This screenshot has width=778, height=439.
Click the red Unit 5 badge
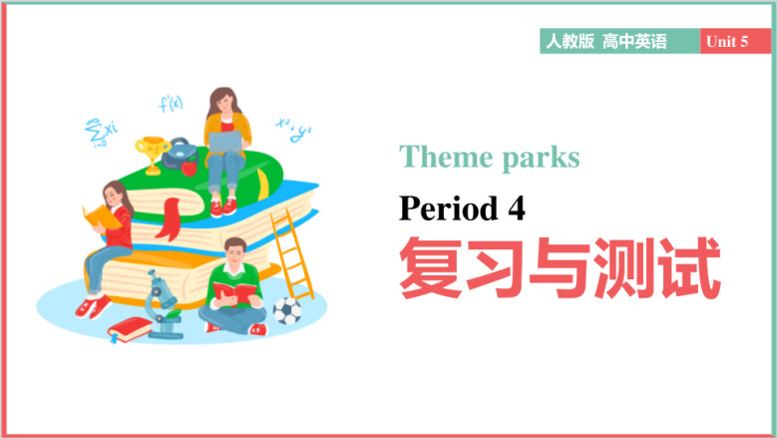[x=735, y=41]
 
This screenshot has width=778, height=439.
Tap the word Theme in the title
[x=445, y=158]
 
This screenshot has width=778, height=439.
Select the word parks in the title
[x=541, y=159]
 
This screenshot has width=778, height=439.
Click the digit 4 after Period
[x=517, y=209]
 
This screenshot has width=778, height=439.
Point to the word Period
[x=449, y=208]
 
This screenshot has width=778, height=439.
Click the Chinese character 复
[x=430, y=267]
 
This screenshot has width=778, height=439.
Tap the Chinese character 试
[x=689, y=267]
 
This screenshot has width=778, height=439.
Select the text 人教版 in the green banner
[x=570, y=41]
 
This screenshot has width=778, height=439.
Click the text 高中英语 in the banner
[x=634, y=41]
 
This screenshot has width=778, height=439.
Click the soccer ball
[x=287, y=311]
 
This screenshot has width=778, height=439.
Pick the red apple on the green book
[x=190, y=168]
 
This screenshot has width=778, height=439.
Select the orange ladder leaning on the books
[x=292, y=254]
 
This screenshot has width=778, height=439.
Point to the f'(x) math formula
[x=171, y=104]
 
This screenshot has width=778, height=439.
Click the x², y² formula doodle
[x=293, y=130]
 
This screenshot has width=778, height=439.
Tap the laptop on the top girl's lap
[x=225, y=143]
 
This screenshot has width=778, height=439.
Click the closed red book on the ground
[x=131, y=329]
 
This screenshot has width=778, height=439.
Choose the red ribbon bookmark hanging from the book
[x=171, y=219]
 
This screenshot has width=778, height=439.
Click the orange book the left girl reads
[x=102, y=217]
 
